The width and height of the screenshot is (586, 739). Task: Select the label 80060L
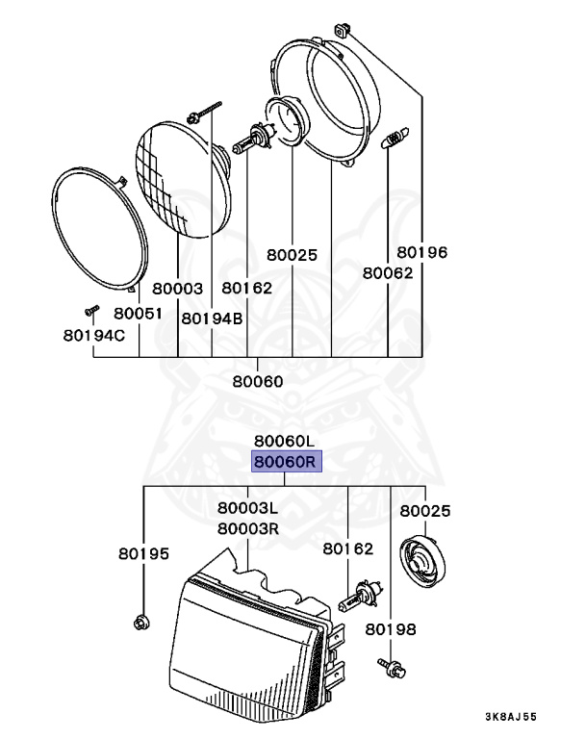pos(285,442)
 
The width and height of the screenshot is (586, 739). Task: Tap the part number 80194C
pos(94,335)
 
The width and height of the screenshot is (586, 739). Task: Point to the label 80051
pos(138,314)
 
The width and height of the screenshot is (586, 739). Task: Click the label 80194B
pos(212,319)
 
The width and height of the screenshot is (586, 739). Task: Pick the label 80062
pos(387,272)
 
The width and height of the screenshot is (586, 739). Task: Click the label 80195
pos(143,554)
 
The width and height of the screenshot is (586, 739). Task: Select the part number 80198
pos(391,630)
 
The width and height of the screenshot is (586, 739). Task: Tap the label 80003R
pos(248,528)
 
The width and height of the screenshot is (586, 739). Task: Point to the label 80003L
pos(248,508)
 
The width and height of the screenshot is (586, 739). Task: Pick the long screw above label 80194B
pos(206,109)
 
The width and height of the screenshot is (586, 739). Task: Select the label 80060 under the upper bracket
pos(258,381)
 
